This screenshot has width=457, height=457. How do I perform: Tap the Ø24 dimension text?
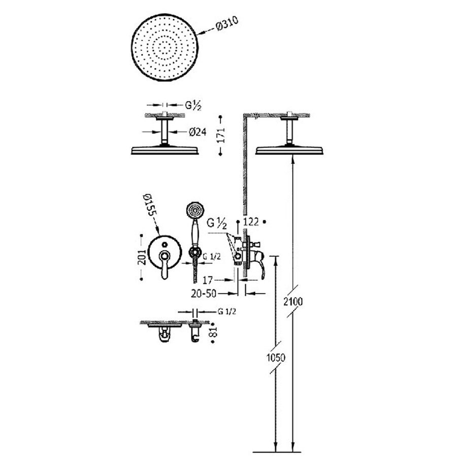tap(198, 132)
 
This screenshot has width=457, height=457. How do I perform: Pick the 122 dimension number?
tap(252, 222)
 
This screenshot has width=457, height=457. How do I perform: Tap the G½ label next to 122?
tap(217, 222)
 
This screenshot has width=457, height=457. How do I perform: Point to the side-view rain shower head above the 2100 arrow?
tap(291, 150)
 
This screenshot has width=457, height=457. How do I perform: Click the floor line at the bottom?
tap(284, 450)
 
